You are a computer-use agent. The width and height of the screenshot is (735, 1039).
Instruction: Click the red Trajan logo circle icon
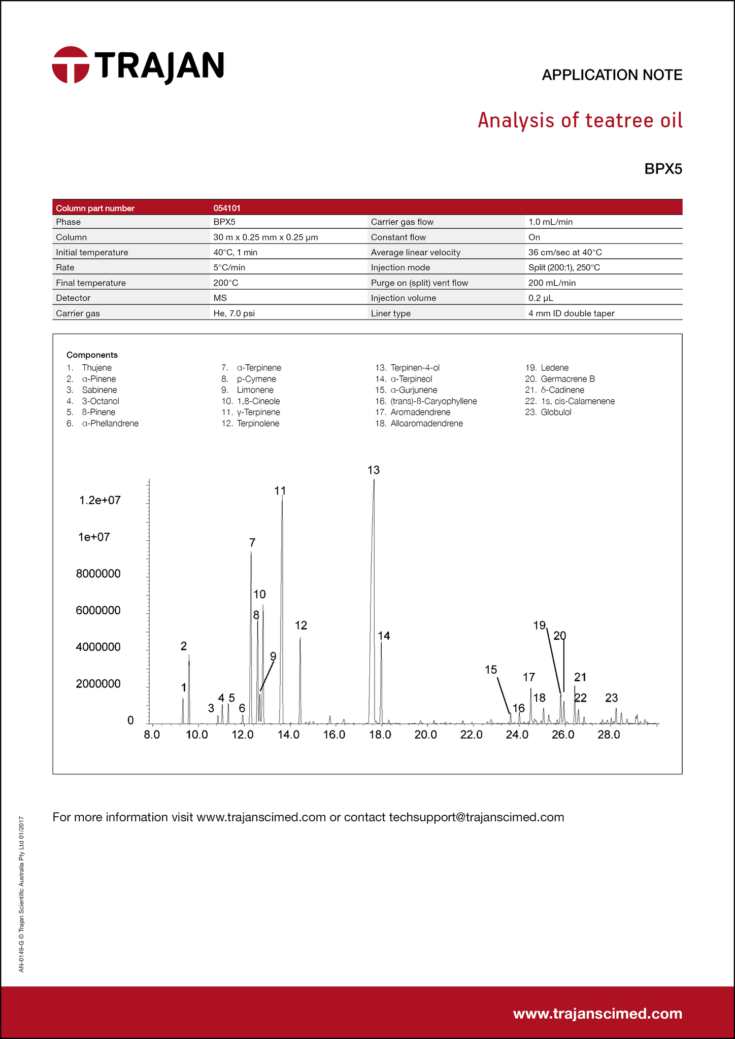click(71, 65)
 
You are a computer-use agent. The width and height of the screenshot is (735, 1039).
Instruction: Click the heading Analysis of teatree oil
click(580, 121)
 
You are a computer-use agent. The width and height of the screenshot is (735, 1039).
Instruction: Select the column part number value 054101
click(227, 208)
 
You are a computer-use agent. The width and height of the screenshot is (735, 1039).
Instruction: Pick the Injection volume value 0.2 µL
click(541, 298)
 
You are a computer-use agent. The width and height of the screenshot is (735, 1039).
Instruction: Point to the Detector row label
click(73, 298)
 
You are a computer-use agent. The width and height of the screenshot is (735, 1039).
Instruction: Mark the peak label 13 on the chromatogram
click(374, 470)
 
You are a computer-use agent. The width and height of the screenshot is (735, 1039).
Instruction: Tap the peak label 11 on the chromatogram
click(280, 491)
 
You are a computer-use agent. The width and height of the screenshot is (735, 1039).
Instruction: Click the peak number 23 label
click(612, 698)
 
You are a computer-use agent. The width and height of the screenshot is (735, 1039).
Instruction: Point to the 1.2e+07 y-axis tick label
click(100, 500)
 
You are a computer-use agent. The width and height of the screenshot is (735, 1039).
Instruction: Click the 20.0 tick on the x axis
click(426, 735)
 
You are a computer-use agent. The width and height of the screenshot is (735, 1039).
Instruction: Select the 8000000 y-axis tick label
click(98, 574)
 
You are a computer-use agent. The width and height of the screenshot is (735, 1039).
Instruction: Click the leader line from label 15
click(504, 695)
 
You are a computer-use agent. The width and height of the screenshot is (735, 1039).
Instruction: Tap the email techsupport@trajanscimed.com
click(476, 817)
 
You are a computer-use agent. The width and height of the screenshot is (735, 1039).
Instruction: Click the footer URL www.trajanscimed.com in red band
click(597, 1014)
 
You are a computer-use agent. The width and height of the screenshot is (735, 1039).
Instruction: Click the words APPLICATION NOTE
click(612, 75)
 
